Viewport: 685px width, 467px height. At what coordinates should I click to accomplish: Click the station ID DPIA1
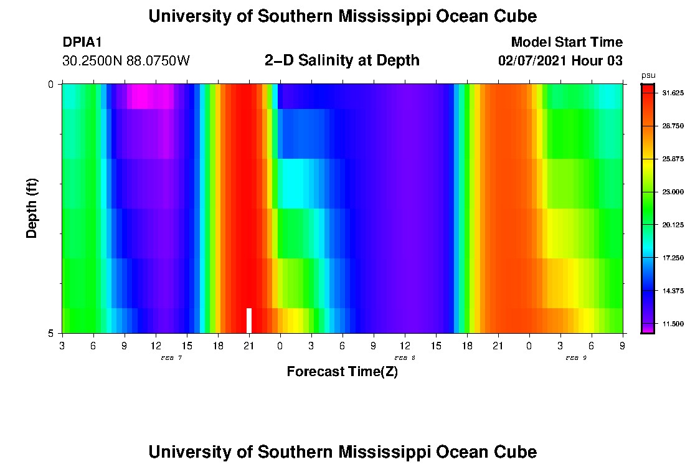click(x=82, y=42)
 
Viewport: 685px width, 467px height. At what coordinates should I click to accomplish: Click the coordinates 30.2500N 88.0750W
click(x=126, y=61)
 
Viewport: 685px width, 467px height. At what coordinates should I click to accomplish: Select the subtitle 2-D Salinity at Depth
click(x=342, y=60)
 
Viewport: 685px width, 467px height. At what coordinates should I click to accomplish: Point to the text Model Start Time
click(x=566, y=42)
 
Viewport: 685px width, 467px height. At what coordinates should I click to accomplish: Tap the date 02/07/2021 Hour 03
click(x=560, y=61)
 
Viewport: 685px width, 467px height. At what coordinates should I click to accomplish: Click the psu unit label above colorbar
click(x=648, y=75)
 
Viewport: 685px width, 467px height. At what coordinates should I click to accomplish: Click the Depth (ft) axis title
click(x=32, y=208)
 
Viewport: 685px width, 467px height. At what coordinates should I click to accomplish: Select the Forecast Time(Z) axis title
click(x=342, y=372)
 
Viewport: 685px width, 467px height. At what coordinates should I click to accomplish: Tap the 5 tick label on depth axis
click(x=51, y=333)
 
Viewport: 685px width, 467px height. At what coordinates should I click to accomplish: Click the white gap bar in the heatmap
click(x=249, y=321)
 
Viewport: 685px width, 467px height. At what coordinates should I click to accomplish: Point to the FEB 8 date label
click(x=405, y=358)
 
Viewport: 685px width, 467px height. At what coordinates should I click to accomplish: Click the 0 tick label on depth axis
click(x=51, y=84)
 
